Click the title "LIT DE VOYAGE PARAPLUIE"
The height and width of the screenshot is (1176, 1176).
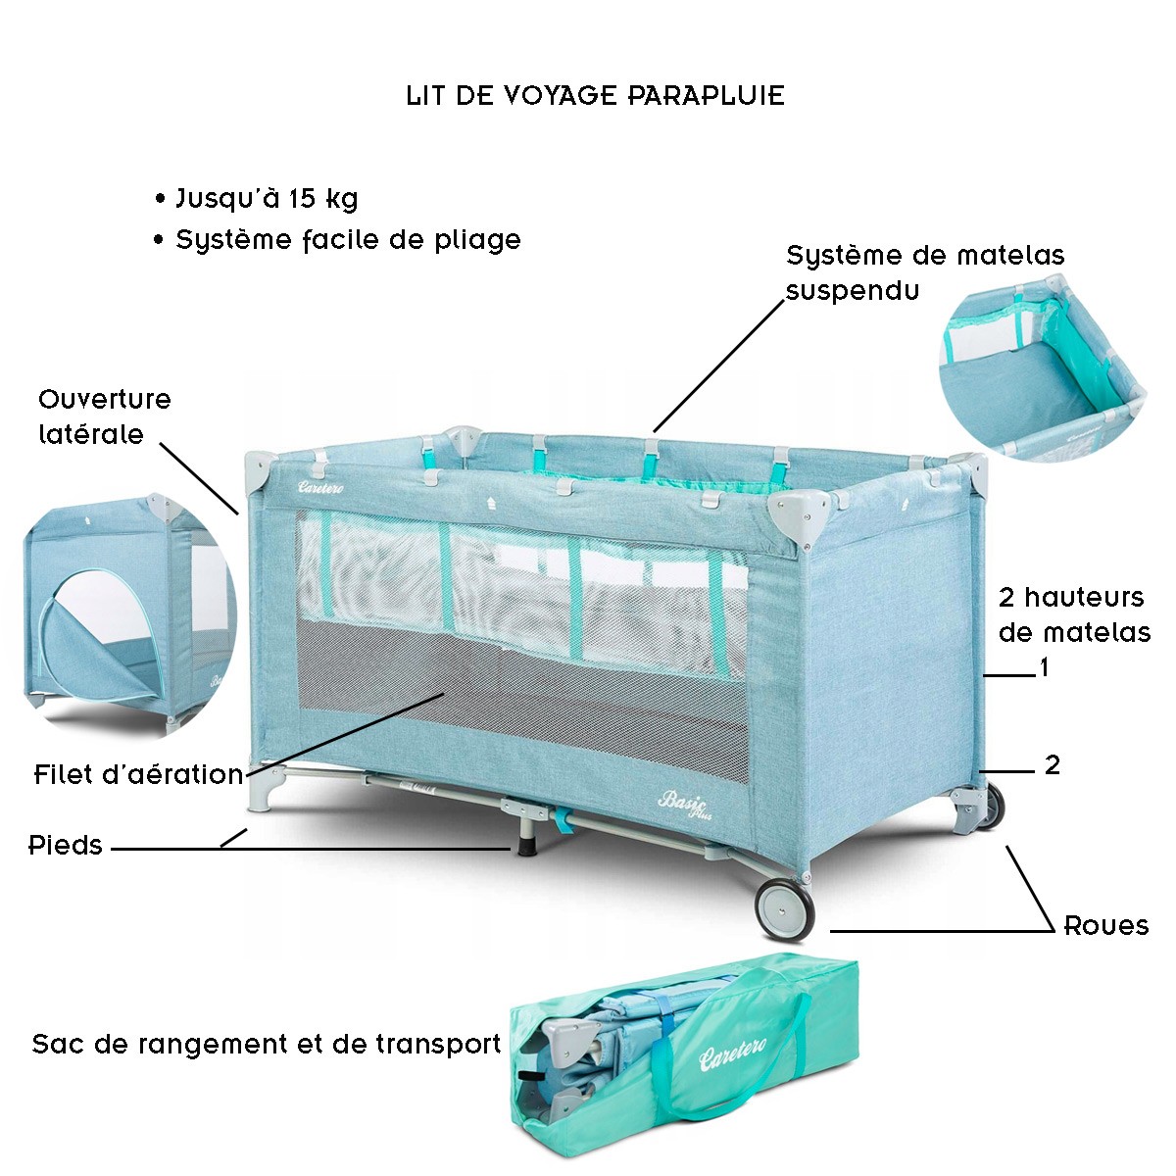pyautogui.click(x=595, y=96)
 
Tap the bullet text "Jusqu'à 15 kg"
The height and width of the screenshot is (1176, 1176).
pyautogui.click(x=266, y=199)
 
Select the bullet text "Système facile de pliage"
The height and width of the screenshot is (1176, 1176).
pyautogui.click(x=347, y=240)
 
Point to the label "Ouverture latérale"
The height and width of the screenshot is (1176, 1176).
pyautogui.click(x=104, y=416)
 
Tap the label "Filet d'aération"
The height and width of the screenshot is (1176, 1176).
pyautogui.click(x=138, y=774)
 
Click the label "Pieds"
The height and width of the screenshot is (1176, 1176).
pyautogui.click(x=66, y=845)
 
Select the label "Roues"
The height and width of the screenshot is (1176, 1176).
pyautogui.click(x=1105, y=926)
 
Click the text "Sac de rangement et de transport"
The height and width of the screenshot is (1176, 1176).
pyautogui.click(x=267, y=1044)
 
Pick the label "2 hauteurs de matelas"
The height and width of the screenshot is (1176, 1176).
pyautogui.click(x=1073, y=614)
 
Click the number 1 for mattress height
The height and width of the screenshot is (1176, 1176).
pyautogui.click(x=1045, y=668)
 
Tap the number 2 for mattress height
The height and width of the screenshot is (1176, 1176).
pyautogui.click(x=1052, y=765)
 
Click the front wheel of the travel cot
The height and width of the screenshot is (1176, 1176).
pyautogui.click(x=784, y=907)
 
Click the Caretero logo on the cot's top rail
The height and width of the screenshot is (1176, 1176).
pyautogui.click(x=324, y=485)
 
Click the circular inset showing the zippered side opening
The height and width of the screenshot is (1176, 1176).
pyautogui.click(x=127, y=613)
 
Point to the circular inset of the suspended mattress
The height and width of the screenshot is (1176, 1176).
pyautogui.click(x=1042, y=365)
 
